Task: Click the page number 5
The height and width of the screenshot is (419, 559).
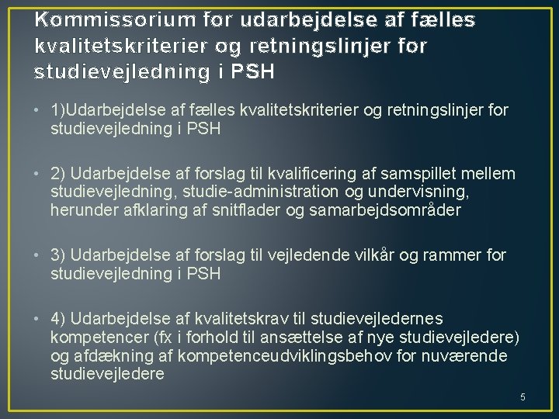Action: point(523,397)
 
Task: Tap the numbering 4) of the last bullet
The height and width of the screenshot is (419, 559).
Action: point(59,319)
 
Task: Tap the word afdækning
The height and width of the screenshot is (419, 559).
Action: point(112,356)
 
